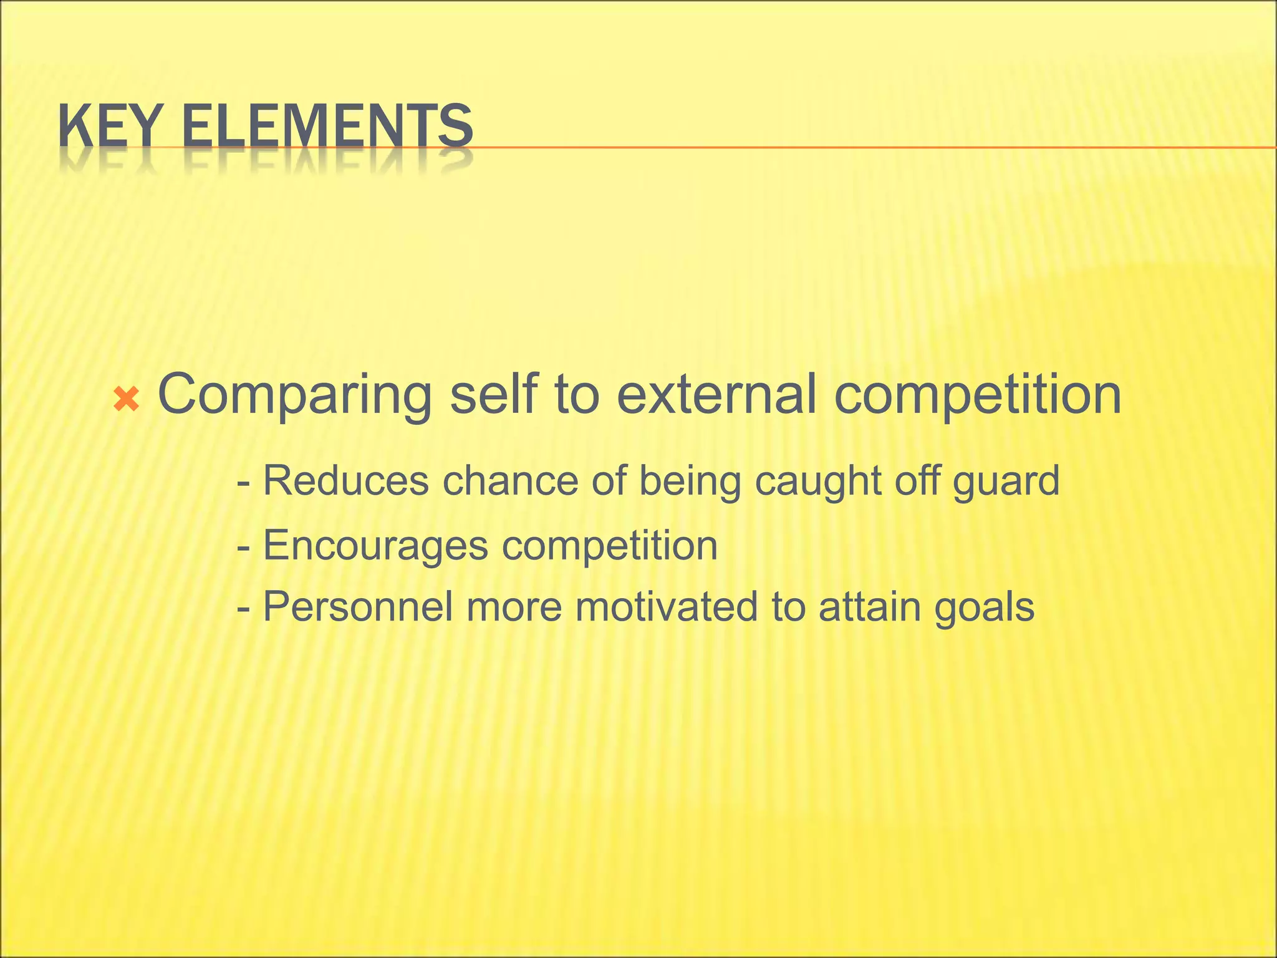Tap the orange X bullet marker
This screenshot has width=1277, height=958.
click(127, 399)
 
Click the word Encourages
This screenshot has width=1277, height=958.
click(375, 546)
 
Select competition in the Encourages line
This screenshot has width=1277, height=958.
click(610, 546)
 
